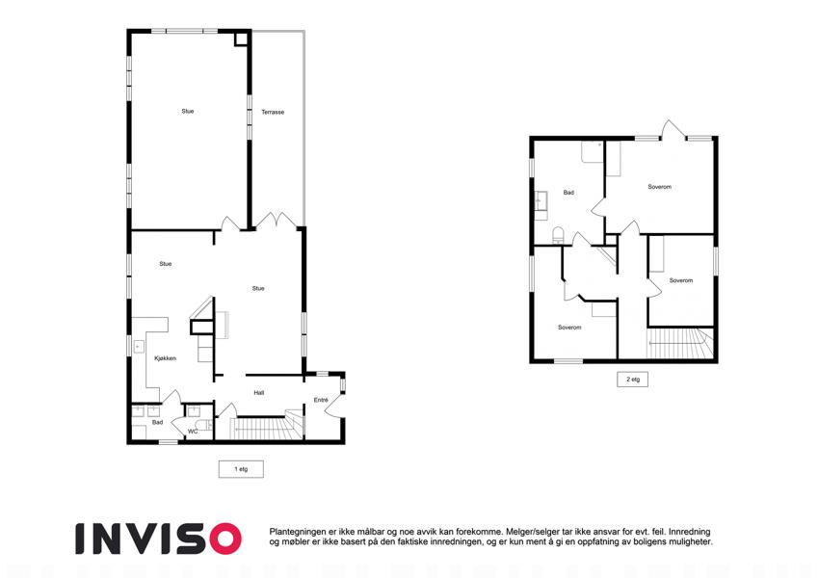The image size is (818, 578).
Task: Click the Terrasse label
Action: click(273, 112)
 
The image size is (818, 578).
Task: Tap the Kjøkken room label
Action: click(166, 358)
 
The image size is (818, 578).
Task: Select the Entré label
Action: click(321, 400)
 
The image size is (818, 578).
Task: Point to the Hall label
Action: click(259, 393)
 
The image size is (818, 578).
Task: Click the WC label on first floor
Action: click(193, 432)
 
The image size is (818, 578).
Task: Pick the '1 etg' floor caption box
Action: click(241, 469)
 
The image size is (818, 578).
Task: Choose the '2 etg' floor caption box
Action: click(633, 380)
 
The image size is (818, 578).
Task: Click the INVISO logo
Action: click(159, 539)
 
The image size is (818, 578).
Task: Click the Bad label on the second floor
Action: click(568, 193)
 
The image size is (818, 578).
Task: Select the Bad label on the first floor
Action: click(158, 422)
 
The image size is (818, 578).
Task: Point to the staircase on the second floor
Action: click(680, 343)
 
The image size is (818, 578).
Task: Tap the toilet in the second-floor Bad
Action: click(558, 235)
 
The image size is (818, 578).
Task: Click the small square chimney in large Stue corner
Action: click(241, 39)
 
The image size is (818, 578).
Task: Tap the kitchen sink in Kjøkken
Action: click(138, 347)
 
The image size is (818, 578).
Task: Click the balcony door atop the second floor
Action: click(673, 130)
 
